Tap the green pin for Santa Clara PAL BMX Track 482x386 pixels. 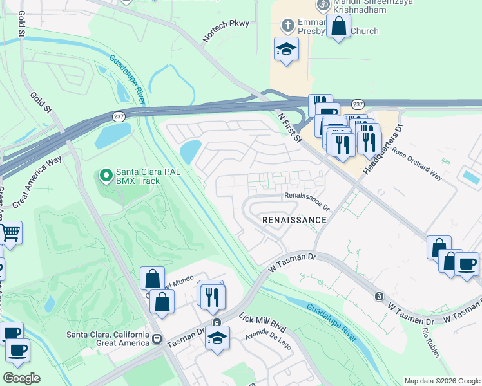(x=106, y=174)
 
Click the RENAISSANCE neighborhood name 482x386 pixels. (x=294, y=220)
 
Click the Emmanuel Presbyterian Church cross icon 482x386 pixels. (x=288, y=26)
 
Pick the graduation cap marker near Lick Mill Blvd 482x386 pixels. (x=217, y=338)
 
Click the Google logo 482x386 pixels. (x=21, y=378)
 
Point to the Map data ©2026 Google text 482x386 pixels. (x=441, y=381)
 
